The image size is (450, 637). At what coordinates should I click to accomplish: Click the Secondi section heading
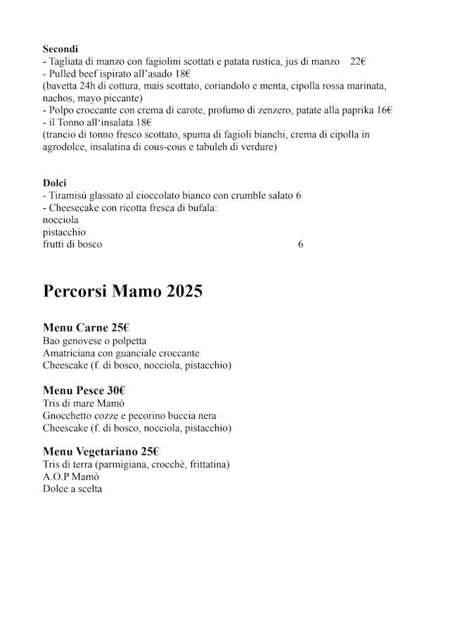click(60, 49)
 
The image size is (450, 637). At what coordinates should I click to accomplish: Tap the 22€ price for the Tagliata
click(358, 62)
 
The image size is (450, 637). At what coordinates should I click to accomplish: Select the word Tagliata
click(66, 62)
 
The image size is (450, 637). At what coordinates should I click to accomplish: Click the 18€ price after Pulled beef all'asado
click(184, 74)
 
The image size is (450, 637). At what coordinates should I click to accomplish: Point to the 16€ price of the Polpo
click(385, 111)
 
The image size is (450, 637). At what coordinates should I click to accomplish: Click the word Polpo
click(60, 111)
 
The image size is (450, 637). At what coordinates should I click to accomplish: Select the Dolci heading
click(54, 183)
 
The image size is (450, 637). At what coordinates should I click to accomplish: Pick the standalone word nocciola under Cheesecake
click(62, 220)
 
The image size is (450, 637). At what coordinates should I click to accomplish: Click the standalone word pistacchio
click(64, 232)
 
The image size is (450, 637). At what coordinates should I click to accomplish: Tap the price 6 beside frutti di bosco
click(300, 244)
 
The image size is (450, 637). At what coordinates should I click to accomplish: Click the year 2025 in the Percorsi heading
click(184, 291)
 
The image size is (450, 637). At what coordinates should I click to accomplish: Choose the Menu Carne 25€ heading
click(86, 328)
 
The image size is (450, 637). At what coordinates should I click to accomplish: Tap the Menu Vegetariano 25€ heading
click(101, 452)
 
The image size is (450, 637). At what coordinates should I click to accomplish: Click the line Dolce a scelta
click(72, 488)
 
